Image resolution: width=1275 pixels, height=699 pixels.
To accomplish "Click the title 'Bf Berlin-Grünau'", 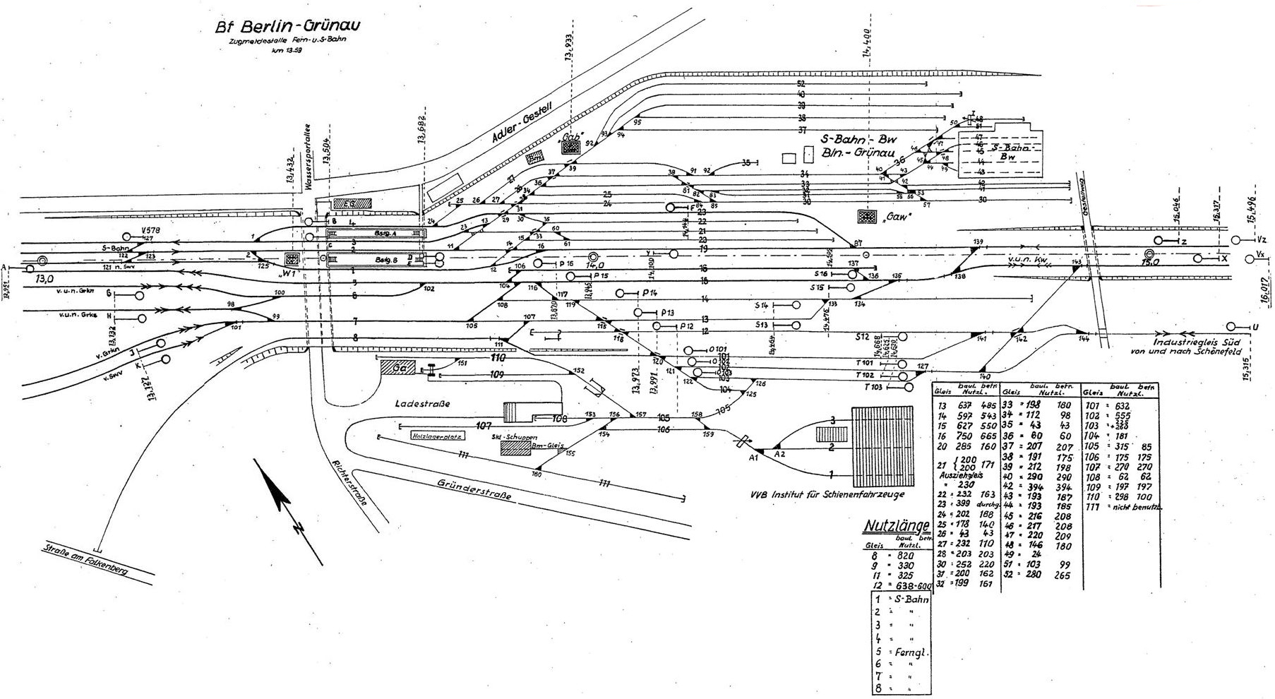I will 289,30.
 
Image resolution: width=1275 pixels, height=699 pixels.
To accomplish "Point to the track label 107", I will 484,426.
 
